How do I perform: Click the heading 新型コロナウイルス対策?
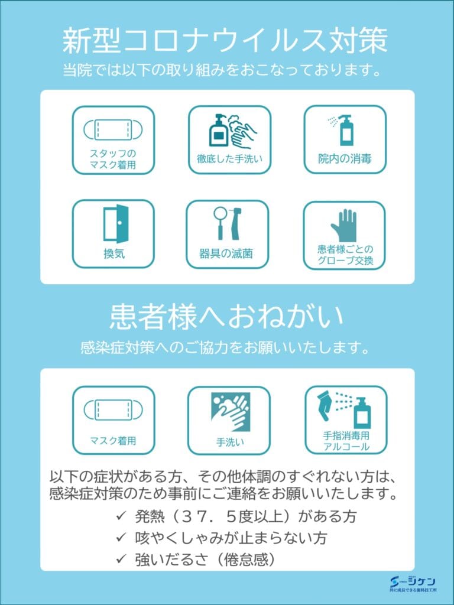pyautogui.click(x=225, y=41)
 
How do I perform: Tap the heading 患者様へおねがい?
pyautogui.click(x=226, y=316)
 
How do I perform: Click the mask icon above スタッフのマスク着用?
pyautogui.click(x=113, y=129)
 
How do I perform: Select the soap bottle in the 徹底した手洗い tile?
pyautogui.click(x=219, y=131)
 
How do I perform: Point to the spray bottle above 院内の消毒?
pyautogui.click(x=345, y=130)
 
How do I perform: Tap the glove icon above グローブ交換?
pyautogui.click(x=344, y=226)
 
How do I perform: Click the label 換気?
pyautogui.click(x=114, y=254)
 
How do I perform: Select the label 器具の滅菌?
pyautogui.click(x=226, y=254)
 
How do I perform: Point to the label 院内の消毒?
pyautogui.click(x=345, y=158)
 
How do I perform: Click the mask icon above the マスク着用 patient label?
pyautogui.click(x=113, y=410)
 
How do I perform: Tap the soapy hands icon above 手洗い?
pyautogui.click(x=230, y=412)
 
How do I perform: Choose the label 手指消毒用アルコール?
pyautogui.click(x=346, y=441)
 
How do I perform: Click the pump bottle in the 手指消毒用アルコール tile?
pyautogui.click(x=362, y=413)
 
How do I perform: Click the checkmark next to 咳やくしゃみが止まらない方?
pyautogui.click(x=121, y=536)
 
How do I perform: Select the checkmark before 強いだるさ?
pyautogui.click(x=121, y=558)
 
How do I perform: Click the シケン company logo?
pyautogui.click(x=413, y=584)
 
